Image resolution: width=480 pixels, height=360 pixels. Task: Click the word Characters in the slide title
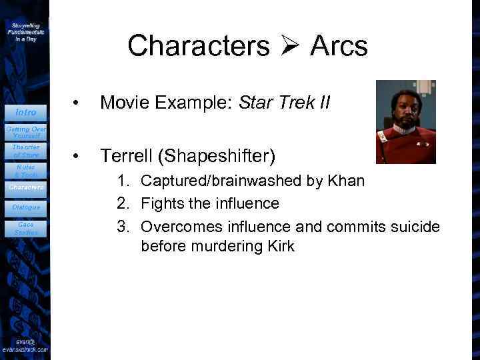click(198, 46)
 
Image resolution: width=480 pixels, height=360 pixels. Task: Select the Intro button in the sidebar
click(25, 112)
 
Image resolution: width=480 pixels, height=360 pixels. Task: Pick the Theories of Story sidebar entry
click(25, 151)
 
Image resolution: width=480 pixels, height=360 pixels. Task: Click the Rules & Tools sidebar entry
click(25, 171)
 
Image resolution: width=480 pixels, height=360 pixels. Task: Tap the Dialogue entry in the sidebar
click(25, 207)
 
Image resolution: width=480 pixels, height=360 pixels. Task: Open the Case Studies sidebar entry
click(25, 229)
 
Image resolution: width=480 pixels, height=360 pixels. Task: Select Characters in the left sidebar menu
click(25, 187)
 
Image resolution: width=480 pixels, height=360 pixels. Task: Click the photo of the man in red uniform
click(405, 122)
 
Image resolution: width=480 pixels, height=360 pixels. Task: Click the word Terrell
click(130, 156)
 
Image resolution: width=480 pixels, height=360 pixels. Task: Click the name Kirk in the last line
click(278, 247)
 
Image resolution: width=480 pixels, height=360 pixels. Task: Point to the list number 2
click(123, 203)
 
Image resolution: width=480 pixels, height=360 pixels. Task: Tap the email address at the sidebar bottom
click(25, 346)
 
